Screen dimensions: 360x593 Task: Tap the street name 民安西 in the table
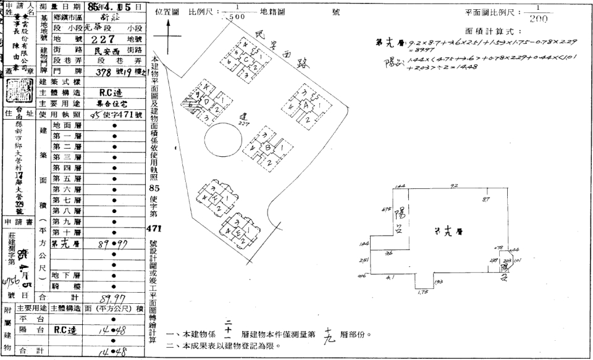coord(102,54)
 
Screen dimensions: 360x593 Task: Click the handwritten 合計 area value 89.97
coord(112,298)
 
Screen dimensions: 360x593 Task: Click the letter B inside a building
coord(268,148)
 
